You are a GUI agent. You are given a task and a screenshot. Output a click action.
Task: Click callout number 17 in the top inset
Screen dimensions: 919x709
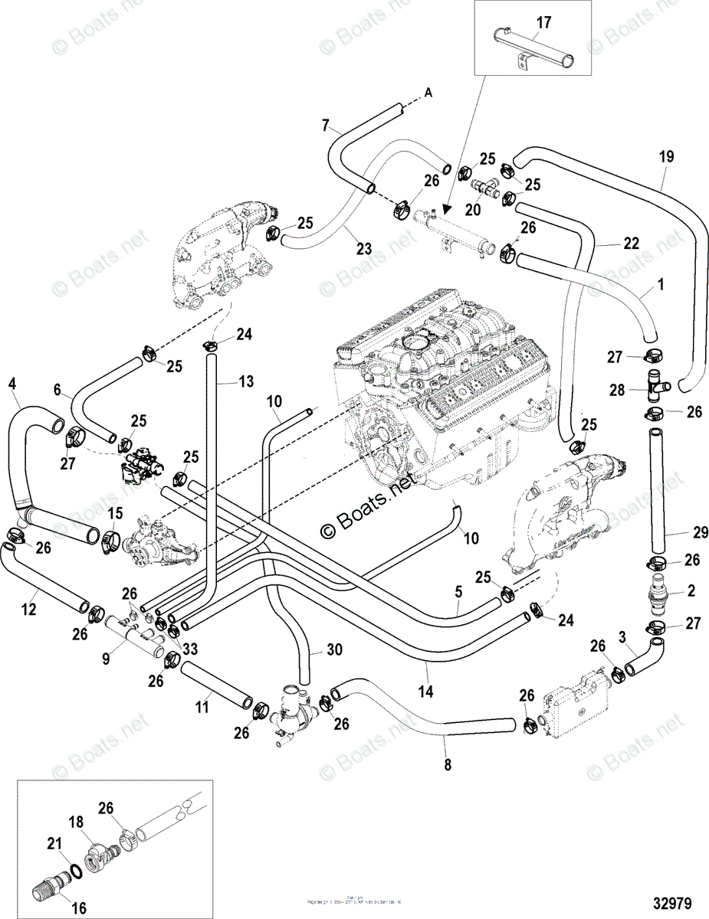543,24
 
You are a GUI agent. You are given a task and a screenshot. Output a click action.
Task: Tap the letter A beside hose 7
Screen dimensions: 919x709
428,93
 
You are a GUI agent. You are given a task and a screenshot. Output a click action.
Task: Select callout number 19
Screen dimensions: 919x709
666,157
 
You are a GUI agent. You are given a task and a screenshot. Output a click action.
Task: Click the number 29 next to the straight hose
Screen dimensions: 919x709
680,531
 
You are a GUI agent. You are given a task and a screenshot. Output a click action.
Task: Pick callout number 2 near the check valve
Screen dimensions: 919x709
691,590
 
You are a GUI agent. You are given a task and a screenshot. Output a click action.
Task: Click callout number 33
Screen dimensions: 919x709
189,647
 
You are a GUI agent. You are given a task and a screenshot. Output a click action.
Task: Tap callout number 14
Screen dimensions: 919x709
425,692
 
